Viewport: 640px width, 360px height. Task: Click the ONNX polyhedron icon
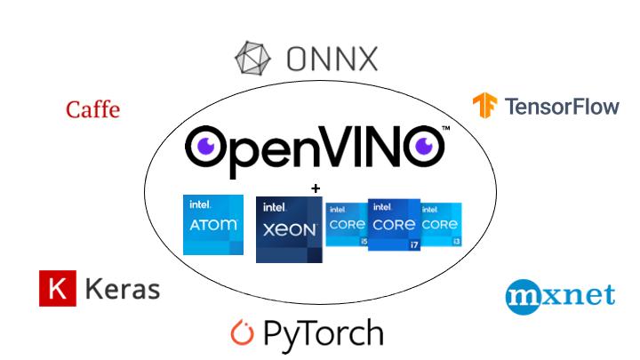point(253,58)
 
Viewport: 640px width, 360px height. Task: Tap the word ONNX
point(332,60)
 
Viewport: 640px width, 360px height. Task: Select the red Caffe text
point(92,109)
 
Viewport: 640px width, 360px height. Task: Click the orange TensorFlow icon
point(484,106)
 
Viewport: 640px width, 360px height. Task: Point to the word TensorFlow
point(562,107)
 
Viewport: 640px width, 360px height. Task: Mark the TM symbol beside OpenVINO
point(445,130)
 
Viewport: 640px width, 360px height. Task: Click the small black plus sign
point(314,188)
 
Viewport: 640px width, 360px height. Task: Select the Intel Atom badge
point(213,225)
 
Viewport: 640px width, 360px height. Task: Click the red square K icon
point(58,289)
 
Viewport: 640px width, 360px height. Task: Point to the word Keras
point(123,289)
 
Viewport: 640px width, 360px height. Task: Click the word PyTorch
point(324,334)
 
